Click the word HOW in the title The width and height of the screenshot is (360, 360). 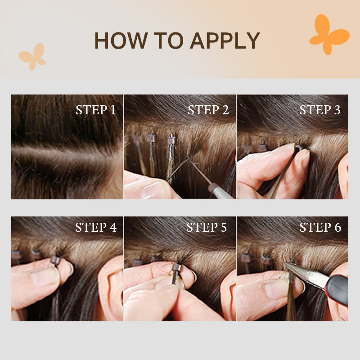121,40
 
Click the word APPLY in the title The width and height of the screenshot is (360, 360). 225,40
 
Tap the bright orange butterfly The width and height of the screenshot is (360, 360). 329,35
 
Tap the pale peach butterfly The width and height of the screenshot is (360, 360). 33,57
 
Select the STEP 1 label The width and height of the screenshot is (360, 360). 96,110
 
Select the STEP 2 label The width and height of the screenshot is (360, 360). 208,110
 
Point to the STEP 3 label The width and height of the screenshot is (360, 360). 320,110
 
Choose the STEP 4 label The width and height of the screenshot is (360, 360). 96,227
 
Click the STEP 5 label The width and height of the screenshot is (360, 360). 207,227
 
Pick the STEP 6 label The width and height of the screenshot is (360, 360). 320,227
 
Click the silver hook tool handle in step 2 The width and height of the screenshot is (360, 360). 220,191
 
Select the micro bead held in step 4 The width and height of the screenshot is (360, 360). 55,261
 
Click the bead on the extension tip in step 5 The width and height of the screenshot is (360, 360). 177,267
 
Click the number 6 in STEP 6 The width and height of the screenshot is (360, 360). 338,227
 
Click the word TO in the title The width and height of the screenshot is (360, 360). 168,40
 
